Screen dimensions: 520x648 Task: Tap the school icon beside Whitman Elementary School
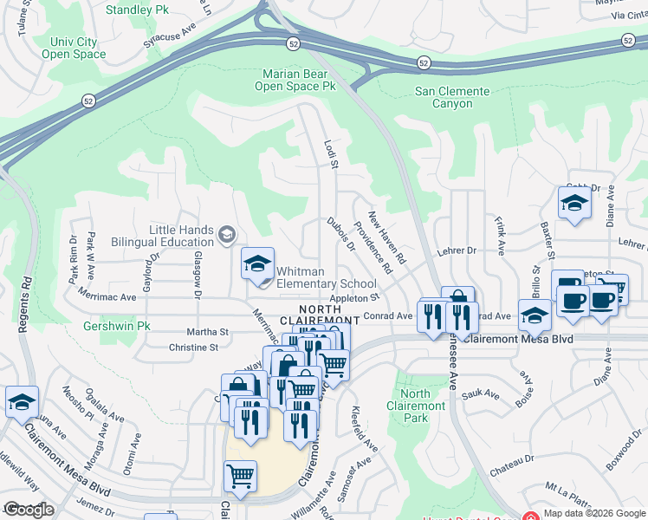[257, 266]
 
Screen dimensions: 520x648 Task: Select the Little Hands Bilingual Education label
[181, 236]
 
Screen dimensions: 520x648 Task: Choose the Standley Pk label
[138, 10]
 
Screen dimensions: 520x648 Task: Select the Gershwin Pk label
[118, 327]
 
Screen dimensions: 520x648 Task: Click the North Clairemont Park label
[417, 406]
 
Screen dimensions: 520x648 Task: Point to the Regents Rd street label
[27, 303]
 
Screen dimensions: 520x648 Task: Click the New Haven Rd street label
[387, 237]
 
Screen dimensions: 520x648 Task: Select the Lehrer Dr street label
[458, 250]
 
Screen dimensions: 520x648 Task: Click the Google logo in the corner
[29, 510]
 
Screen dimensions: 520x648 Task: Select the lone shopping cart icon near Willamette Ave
[240, 475]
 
